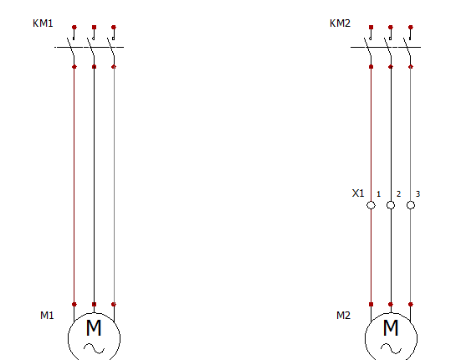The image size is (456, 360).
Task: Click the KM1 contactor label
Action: (x=43, y=23)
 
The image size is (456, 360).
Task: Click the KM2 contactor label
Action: (x=340, y=23)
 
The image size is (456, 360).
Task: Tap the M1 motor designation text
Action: (x=47, y=316)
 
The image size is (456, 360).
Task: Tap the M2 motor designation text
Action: (x=343, y=316)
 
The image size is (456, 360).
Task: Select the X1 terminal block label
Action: (x=358, y=193)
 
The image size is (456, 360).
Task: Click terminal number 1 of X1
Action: (x=379, y=194)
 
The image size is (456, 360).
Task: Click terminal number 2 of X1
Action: (x=399, y=194)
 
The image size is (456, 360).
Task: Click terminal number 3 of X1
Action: (x=418, y=194)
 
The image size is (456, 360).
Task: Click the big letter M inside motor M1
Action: (x=94, y=328)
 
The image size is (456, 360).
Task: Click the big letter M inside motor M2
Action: (x=391, y=328)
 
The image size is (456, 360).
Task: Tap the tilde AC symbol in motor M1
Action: (x=95, y=348)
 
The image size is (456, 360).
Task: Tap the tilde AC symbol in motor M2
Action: (x=391, y=348)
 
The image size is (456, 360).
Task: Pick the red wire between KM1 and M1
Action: (x=74, y=185)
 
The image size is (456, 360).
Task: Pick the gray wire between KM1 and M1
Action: (x=114, y=185)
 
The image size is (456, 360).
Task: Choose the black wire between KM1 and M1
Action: (x=94, y=185)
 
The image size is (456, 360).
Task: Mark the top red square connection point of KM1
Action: (x=94, y=27)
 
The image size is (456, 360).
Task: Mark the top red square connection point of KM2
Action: (x=371, y=27)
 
